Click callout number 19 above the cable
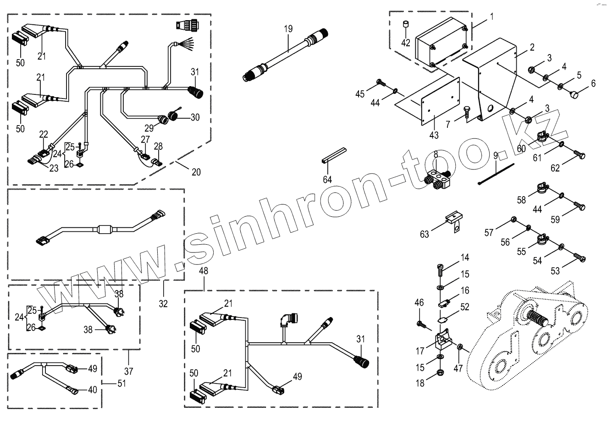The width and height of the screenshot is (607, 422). click(x=288, y=29)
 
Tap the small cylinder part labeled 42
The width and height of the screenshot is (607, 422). click(x=405, y=26)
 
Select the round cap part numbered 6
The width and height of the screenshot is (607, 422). click(x=574, y=94)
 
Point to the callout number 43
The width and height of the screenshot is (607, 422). click(x=434, y=135)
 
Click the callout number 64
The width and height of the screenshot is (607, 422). click(x=327, y=179)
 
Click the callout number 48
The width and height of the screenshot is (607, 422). click(x=204, y=271)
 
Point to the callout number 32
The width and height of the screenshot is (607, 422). click(x=163, y=303)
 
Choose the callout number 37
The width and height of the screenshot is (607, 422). click(x=129, y=370)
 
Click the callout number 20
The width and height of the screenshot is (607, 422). click(x=196, y=172)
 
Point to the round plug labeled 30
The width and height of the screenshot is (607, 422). click(x=174, y=116)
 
